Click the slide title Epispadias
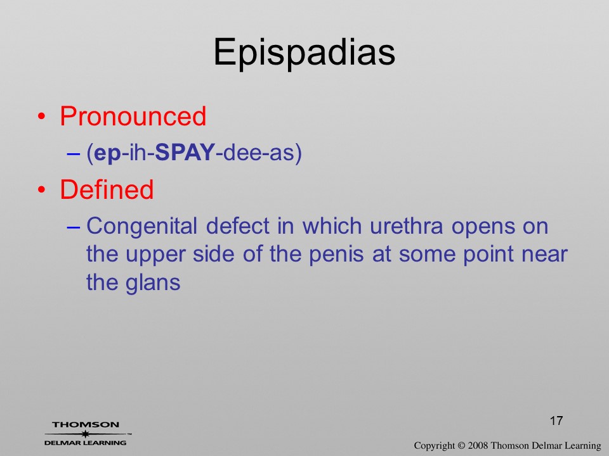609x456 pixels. click(304, 53)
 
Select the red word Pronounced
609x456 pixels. click(133, 116)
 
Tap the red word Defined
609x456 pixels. click(107, 189)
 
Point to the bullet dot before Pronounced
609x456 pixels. click(42, 117)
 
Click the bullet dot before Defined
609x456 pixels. click(42, 189)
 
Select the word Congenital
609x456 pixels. click(141, 227)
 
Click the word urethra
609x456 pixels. click(406, 225)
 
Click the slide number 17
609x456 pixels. click(556, 421)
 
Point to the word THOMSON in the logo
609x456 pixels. click(86, 424)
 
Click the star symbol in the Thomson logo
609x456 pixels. click(86, 434)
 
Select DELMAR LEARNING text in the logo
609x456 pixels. click(86, 443)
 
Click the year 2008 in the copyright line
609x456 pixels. click(478, 445)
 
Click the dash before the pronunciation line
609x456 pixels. click(73, 153)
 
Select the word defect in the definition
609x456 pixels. click(237, 225)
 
